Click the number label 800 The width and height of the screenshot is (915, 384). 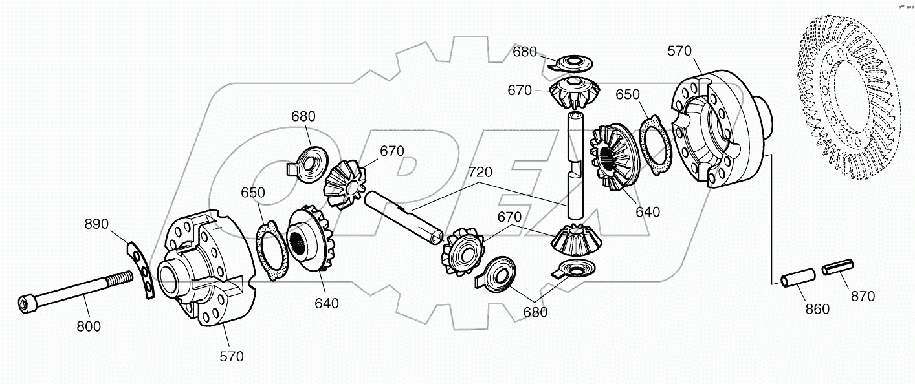89,326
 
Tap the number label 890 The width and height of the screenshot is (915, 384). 97,224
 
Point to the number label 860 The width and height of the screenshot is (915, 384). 817,309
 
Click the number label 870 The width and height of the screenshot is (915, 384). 863,296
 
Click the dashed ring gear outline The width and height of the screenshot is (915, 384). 854,103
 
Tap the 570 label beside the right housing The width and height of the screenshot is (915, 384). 679,51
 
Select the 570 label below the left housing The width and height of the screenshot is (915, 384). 231,356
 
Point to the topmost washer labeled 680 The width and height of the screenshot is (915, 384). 571,62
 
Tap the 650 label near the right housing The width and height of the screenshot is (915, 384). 628,94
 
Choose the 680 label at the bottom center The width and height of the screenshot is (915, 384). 535,312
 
